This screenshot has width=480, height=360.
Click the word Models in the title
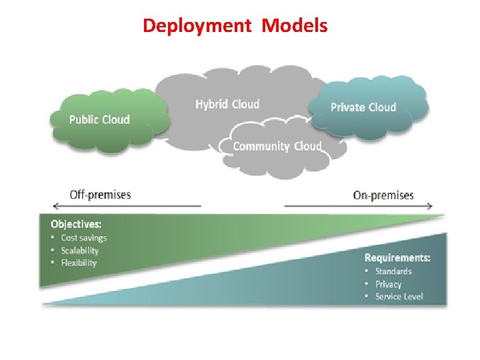[x=294, y=26]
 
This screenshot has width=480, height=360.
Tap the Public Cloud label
[x=99, y=120]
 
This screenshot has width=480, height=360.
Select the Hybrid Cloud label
[x=227, y=104]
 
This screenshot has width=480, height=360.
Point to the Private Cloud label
[x=363, y=107]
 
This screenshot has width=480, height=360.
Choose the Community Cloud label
[x=277, y=147]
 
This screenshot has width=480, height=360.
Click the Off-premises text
[x=101, y=195]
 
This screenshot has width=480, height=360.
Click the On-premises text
[x=383, y=195]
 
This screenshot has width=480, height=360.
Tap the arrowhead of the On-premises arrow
[x=430, y=206]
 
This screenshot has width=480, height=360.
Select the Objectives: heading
[x=76, y=224]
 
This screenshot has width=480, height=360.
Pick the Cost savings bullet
[x=83, y=238]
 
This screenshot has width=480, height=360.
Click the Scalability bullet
[x=79, y=251]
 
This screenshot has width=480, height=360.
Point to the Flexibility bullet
[x=79, y=263]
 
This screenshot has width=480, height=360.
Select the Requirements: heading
[x=397, y=257]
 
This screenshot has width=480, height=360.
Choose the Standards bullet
[x=393, y=271]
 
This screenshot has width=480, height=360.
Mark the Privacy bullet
[x=388, y=284]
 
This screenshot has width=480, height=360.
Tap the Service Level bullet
[x=399, y=297]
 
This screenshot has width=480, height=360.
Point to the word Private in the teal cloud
[x=347, y=107]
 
